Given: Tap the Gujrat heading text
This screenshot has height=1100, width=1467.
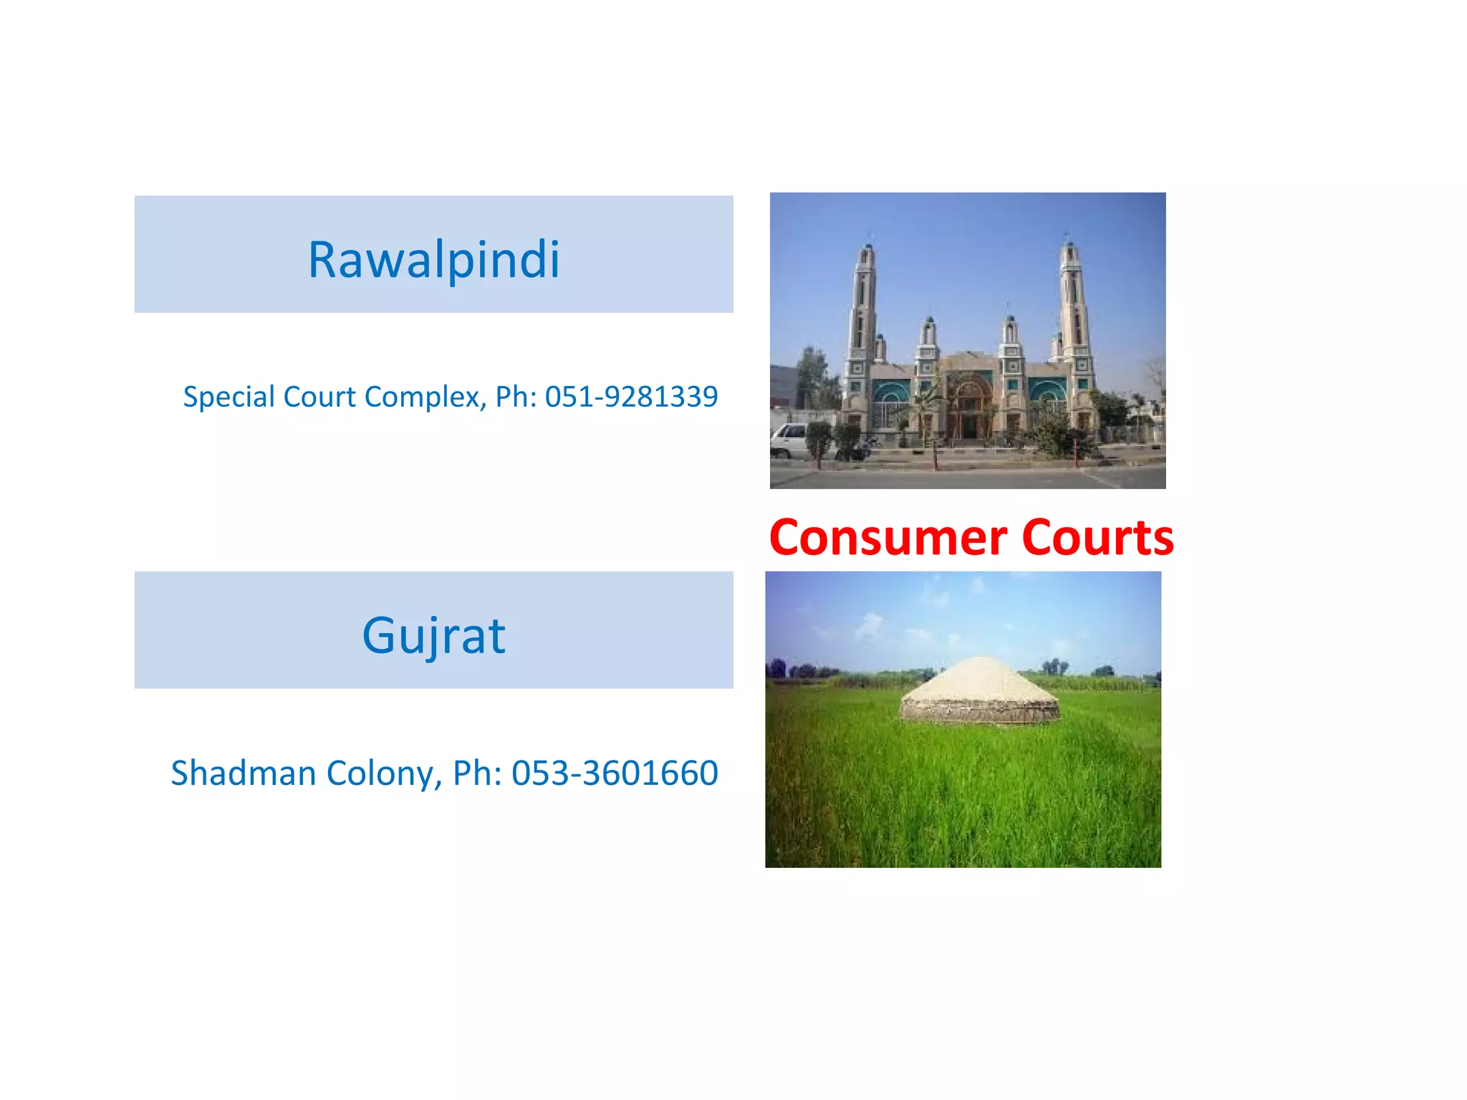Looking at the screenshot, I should pos(433,635).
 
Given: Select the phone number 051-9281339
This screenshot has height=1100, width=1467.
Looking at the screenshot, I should pos(631,397).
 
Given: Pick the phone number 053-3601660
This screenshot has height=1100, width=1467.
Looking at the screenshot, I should pos(615,773).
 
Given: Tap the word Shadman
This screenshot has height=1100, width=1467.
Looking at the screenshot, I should pos(244,773).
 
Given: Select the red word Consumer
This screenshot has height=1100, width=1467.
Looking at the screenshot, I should pos(888,537).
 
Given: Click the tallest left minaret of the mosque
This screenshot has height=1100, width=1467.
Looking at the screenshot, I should pos(863,322).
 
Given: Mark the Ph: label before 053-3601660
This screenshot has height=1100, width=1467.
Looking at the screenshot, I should pos(477,773).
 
